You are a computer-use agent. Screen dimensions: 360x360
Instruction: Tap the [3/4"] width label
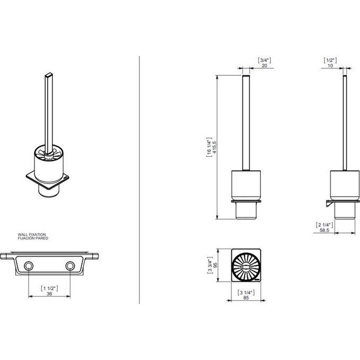[263, 60]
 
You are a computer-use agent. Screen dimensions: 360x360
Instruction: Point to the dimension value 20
[263, 66]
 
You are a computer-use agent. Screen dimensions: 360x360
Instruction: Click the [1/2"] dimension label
[330, 60]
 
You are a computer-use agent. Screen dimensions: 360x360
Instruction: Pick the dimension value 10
[330, 66]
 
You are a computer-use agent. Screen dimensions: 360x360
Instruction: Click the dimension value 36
[49, 293]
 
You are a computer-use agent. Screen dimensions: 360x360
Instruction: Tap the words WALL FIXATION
[32, 233]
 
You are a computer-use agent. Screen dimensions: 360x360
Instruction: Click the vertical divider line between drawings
[139, 180]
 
